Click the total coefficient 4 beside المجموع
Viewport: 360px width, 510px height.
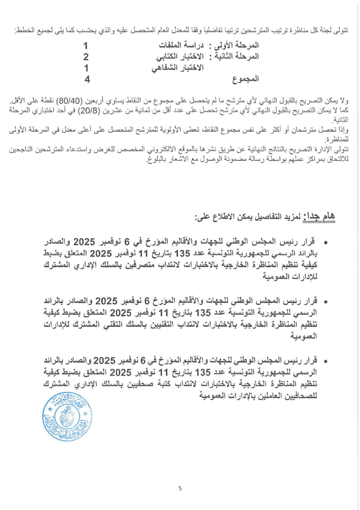click(87, 79)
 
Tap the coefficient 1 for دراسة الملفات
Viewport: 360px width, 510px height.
click(86, 46)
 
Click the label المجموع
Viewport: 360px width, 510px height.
click(246, 79)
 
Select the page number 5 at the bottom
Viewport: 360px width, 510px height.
click(180, 488)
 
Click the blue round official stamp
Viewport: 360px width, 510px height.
click(67, 416)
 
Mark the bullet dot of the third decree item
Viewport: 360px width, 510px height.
click(326, 361)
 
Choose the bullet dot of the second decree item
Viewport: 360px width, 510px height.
click(326, 302)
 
